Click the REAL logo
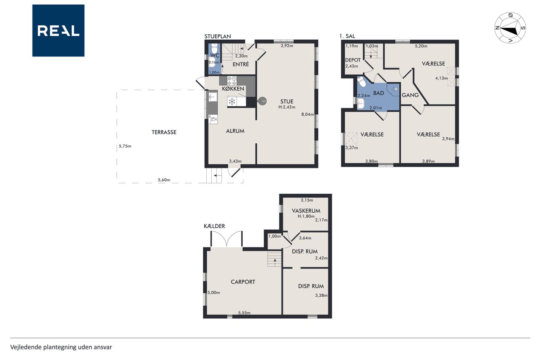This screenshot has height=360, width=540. pyautogui.click(x=58, y=30)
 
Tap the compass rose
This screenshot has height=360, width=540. pyautogui.click(x=510, y=28)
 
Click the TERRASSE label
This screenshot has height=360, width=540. pyautogui.click(x=164, y=132)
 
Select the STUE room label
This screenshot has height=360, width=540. pyautogui.click(x=287, y=102)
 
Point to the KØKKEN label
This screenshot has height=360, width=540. pyautogui.click(x=233, y=89)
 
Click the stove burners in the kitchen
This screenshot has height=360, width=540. pyautogui.click(x=232, y=81)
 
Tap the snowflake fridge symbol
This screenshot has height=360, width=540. pyautogui.click(x=232, y=102)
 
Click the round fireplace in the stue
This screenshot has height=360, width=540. pyautogui.click(x=262, y=101)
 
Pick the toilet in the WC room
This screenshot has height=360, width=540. pyautogui.click(x=214, y=49)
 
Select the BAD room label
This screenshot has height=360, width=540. pyautogui.click(x=378, y=93)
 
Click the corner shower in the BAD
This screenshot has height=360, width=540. pyautogui.click(x=394, y=89)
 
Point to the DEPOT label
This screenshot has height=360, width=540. pyautogui.click(x=353, y=60)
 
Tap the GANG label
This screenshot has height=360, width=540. pyautogui.click(x=410, y=95)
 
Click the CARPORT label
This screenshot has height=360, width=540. pyautogui.click(x=243, y=282)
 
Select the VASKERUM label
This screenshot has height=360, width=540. pyautogui.click(x=306, y=211)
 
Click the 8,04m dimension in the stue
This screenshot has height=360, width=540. pyautogui.click(x=308, y=114)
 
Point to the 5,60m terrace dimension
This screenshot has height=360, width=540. pyautogui.click(x=164, y=180)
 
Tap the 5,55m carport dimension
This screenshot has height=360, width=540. pyautogui.click(x=244, y=313)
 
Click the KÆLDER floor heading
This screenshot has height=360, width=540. pyautogui.click(x=214, y=226)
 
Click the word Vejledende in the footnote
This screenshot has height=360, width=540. pyautogui.click(x=26, y=347)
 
